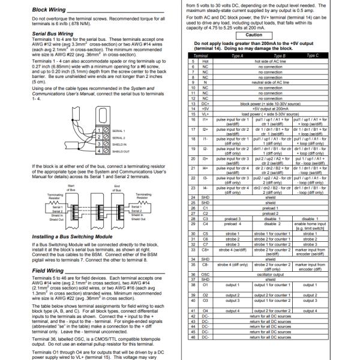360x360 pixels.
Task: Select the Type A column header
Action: click(x=237, y=55)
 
